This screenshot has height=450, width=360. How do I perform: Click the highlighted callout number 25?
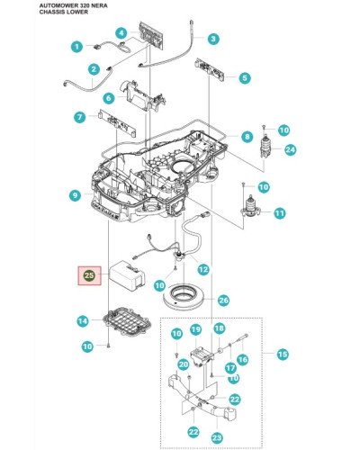(x=89, y=275)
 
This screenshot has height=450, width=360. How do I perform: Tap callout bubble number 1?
(x=77, y=47)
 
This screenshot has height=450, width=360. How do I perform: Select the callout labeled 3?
(x=213, y=39)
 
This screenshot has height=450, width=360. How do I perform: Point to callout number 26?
(x=223, y=301)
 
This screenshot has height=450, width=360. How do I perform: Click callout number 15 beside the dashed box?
(x=283, y=355)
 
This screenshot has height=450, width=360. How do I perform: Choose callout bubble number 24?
(x=290, y=149)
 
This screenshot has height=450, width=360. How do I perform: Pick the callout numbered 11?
(x=280, y=213)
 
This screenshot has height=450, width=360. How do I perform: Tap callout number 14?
(x=83, y=321)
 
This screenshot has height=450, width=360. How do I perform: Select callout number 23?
(x=217, y=437)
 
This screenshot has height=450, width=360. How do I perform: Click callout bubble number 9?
(x=75, y=196)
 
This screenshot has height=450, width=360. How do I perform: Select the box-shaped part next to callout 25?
(x=127, y=275)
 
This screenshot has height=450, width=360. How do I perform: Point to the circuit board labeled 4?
(x=151, y=35)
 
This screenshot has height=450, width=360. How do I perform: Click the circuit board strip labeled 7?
(x=117, y=123)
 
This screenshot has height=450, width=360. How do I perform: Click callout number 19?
(x=195, y=329)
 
